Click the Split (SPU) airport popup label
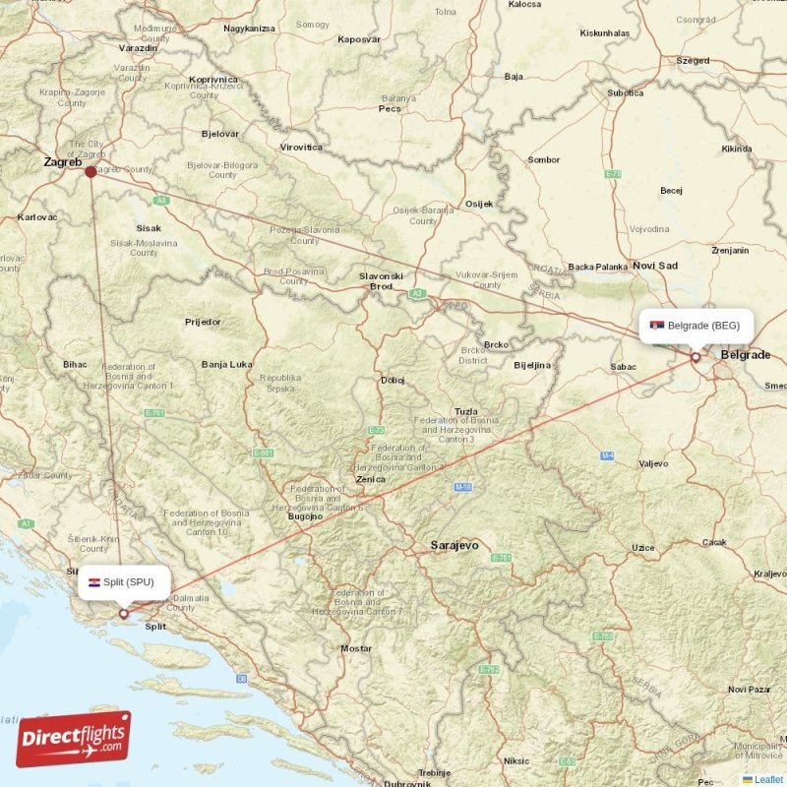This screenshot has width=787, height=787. tap(123, 581)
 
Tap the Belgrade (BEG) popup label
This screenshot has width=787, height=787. tap(696, 326)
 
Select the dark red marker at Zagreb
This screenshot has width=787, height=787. tap(91, 171)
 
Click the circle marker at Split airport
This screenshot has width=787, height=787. tap(124, 614)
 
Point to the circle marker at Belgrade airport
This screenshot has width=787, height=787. tap(696, 357)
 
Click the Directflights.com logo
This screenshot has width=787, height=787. tap(73, 739)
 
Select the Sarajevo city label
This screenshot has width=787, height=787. tap(454, 544)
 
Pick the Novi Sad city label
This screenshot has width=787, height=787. tap(655, 266)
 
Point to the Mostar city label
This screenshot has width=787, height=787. tap(356, 648)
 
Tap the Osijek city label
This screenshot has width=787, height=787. tap(479, 204)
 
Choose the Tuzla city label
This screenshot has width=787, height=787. tap(466, 411)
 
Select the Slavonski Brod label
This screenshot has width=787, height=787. tap(381, 281)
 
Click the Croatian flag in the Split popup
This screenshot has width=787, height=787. tap(94, 581)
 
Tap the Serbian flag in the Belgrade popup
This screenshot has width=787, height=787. tap(656, 326)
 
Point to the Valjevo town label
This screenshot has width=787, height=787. tap(653, 462)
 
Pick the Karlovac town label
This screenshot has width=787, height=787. tap(37, 215)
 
